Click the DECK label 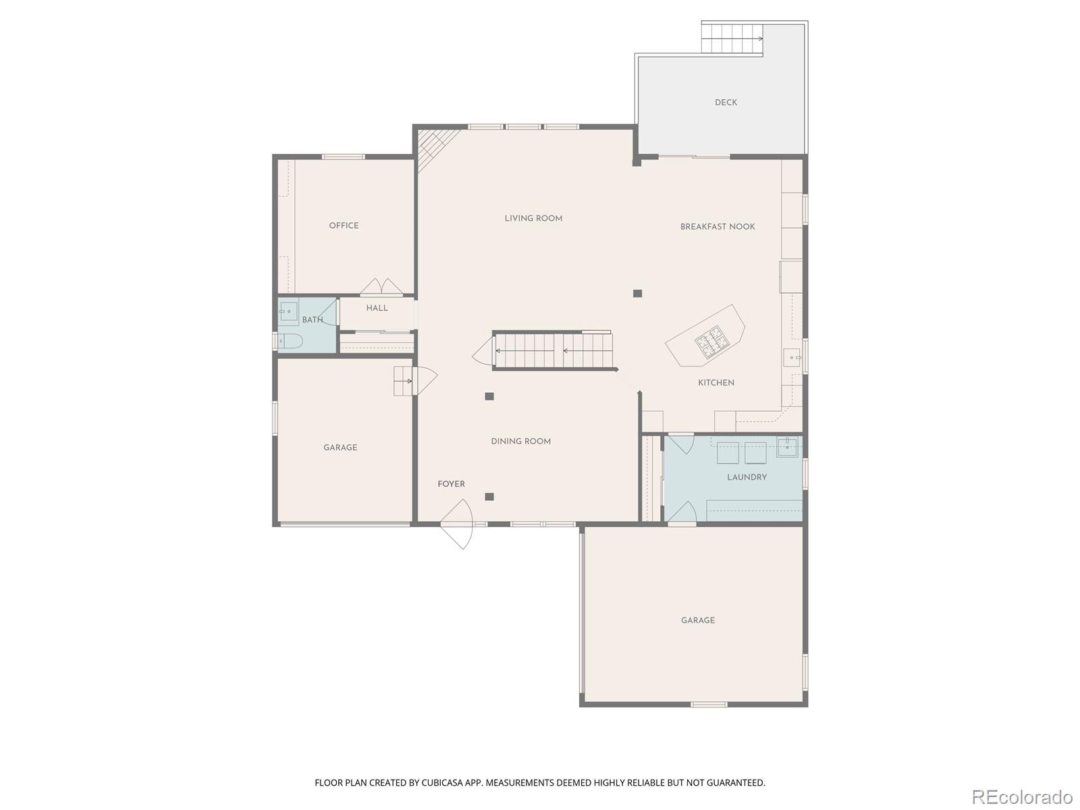click(x=726, y=103)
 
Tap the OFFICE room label click(x=344, y=225)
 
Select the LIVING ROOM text click(x=533, y=218)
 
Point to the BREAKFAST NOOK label click(x=717, y=227)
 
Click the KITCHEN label click(x=715, y=383)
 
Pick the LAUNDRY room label click(x=747, y=477)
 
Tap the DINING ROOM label click(x=520, y=441)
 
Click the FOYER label click(x=451, y=484)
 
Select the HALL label click(x=377, y=308)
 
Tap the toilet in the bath click(x=290, y=341)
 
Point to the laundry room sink click(x=787, y=447)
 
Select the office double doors click(x=381, y=288)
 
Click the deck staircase click(x=732, y=38)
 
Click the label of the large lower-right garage click(x=697, y=620)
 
